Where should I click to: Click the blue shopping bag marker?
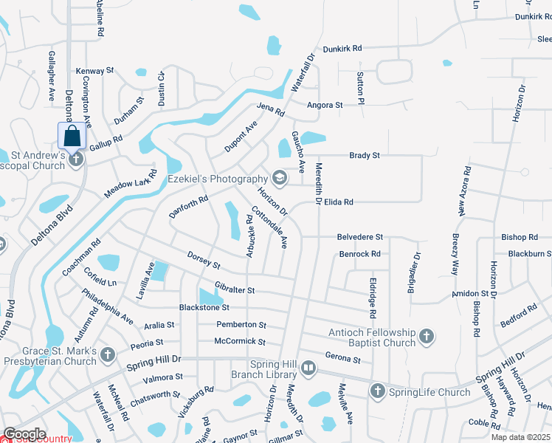tap(72, 136)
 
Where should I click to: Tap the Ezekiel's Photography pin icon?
tap(280, 178)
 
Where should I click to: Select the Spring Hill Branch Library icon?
tap(308, 367)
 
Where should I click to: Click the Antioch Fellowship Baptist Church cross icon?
tap(426, 337)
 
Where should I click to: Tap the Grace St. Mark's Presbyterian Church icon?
tap(108, 355)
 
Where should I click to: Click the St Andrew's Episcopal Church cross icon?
tap(76, 159)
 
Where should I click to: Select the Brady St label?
tap(365, 156)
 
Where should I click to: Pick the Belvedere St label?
tap(360, 237)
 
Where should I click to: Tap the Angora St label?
tap(325, 106)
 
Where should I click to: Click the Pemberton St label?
tap(241, 325)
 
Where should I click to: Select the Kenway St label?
tap(94, 71)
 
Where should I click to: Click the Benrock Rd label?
tap(359, 254)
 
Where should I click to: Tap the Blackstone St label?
tap(204, 307)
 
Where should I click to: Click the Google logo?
tap(24, 434)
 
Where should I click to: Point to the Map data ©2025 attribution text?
tap(520, 438)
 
